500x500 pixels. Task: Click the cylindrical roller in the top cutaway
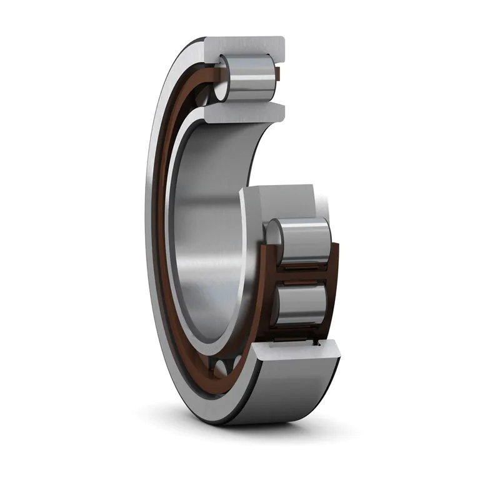tap(250, 78)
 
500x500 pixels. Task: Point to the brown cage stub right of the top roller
tap(279, 76)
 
